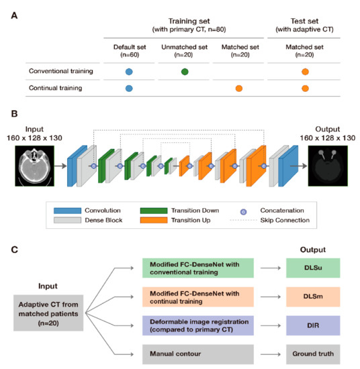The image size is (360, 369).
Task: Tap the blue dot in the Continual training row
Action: click(129, 88)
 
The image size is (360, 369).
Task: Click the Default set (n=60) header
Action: click(129, 50)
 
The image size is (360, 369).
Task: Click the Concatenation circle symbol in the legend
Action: click(247, 209)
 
